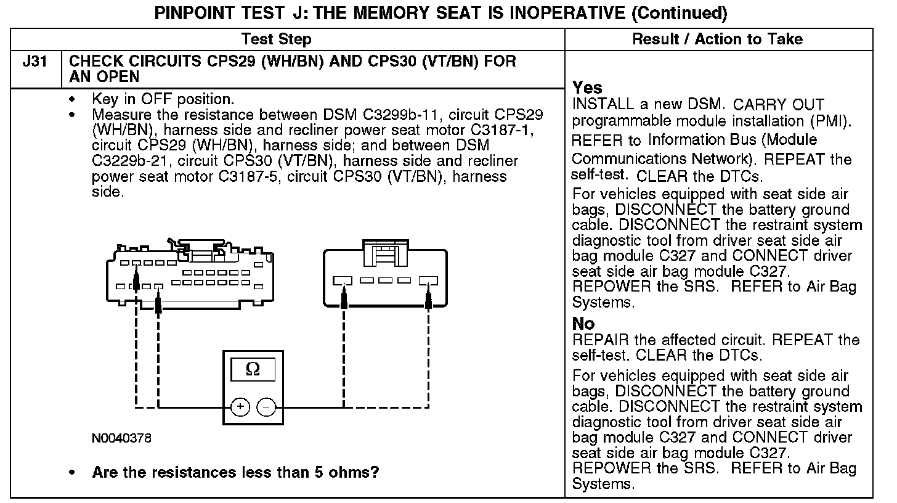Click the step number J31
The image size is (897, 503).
tap(36, 62)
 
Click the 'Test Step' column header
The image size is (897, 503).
tap(277, 39)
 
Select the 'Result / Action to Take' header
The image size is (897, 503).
tap(718, 39)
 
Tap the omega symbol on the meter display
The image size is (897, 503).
tap(253, 369)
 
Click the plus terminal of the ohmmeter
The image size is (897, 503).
tap(240, 407)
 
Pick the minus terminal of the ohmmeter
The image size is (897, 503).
tap(266, 407)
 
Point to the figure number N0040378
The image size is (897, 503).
tap(121, 438)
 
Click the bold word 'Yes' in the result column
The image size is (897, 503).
tap(587, 88)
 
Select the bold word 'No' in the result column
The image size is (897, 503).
tap(583, 324)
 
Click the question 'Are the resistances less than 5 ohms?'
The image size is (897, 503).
tap(235, 473)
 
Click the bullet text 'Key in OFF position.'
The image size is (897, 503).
tap(163, 99)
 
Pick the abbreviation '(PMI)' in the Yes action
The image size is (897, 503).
tap(831, 121)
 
